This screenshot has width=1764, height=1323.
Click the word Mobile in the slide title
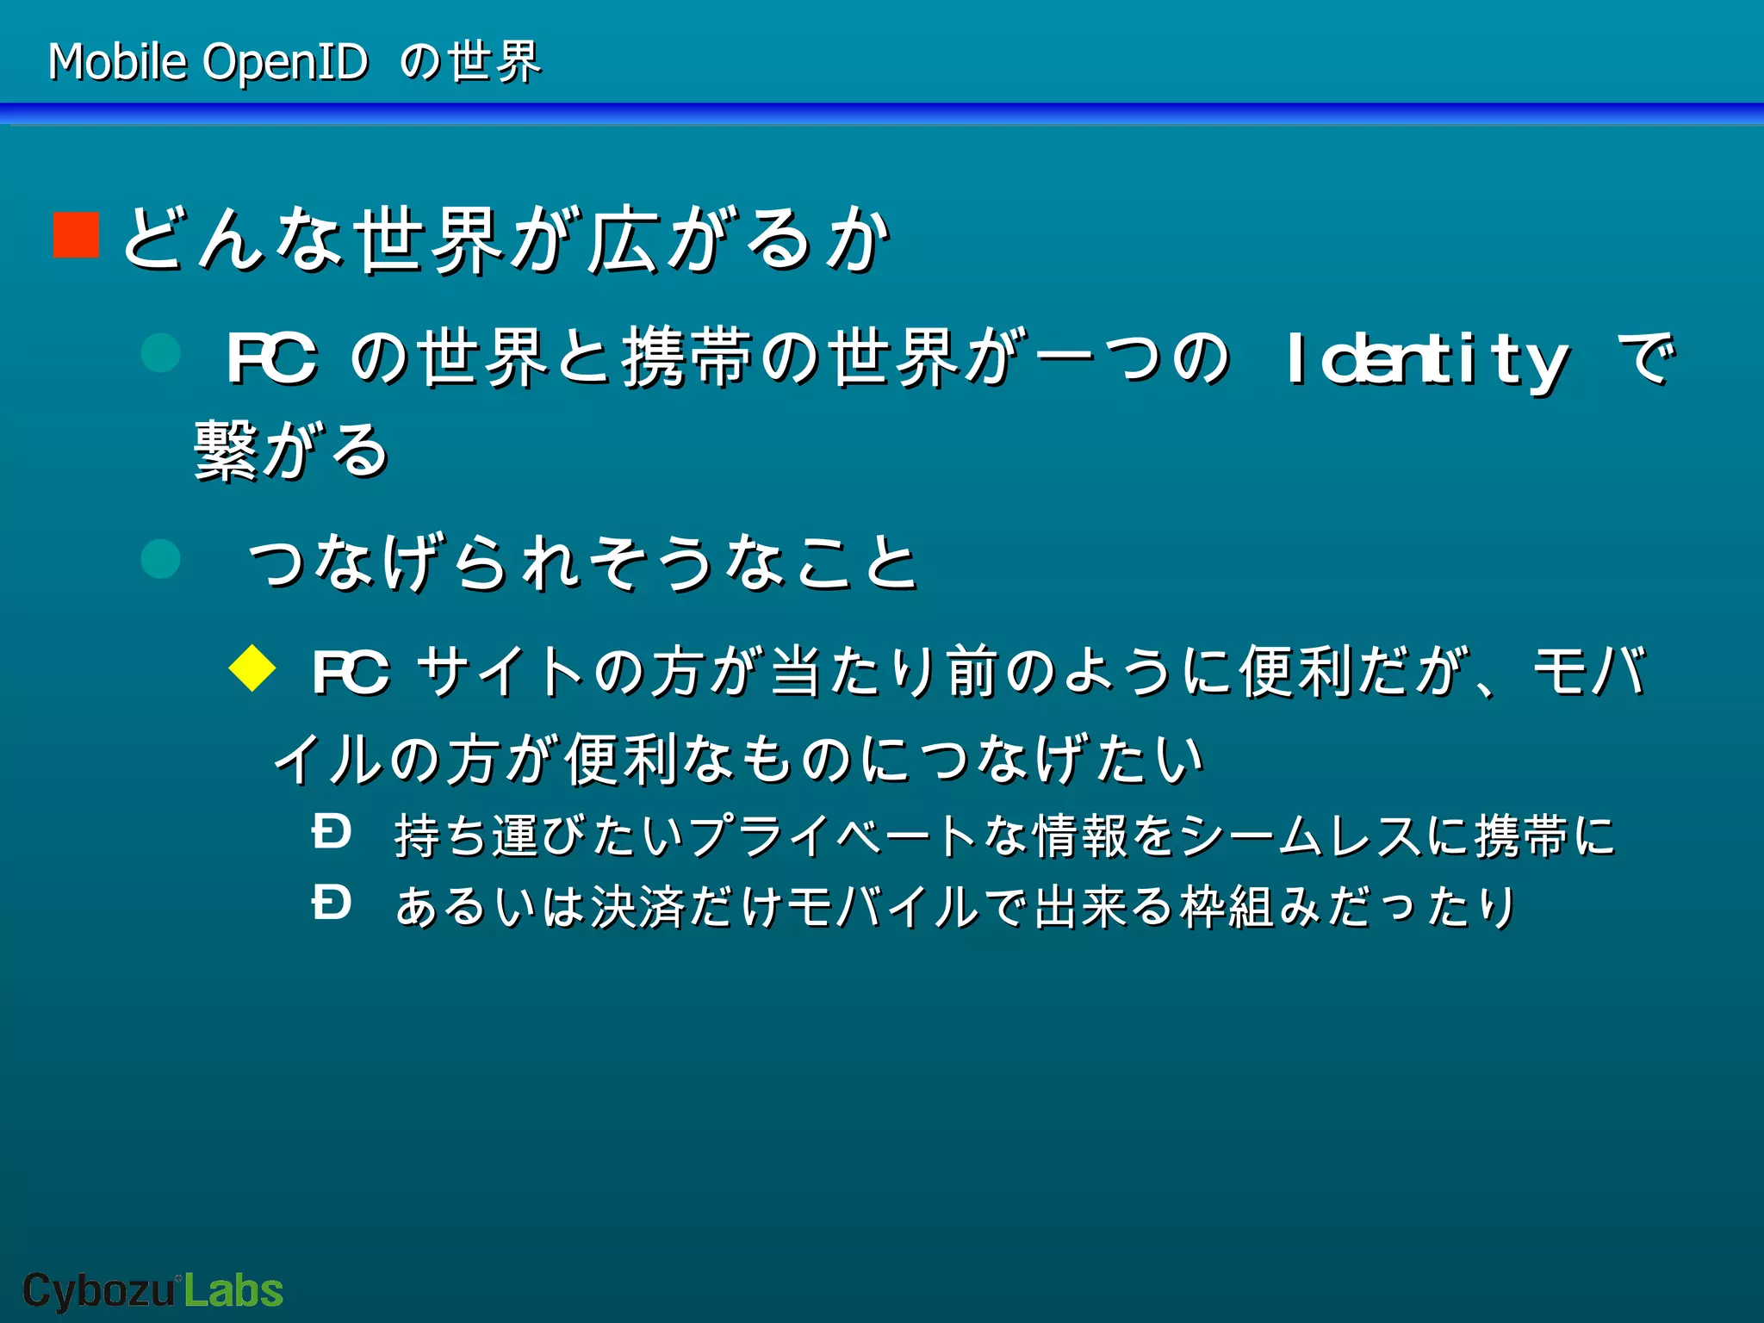(x=117, y=62)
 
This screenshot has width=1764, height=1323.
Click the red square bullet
(x=77, y=235)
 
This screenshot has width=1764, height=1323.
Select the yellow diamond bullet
(x=252, y=668)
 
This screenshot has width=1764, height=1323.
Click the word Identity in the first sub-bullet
(x=1426, y=359)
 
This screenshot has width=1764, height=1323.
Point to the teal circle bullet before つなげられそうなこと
(x=160, y=559)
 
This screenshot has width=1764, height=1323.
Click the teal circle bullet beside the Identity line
(x=160, y=352)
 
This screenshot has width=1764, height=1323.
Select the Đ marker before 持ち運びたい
(x=332, y=833)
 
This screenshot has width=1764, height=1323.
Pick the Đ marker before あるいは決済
(x=332, y=904)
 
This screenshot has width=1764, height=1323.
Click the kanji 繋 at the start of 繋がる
(x=225, y=450)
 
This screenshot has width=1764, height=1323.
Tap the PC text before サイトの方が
(x=350, y=672)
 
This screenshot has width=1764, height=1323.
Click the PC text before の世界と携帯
(x=271, y=357)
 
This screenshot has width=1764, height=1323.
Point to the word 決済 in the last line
(x=638, y=907)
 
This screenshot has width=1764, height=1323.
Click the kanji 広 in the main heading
(x=623, y=239)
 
